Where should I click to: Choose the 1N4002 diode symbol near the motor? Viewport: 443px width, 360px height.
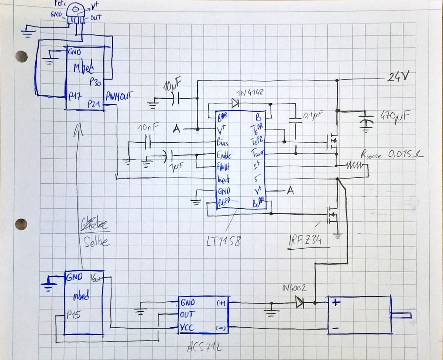(x=299, y=303)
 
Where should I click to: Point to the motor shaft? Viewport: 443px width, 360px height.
(x=402, y=315)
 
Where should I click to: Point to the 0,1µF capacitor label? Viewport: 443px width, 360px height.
(x=313, y=116)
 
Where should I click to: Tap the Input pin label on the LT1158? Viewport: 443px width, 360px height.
(x=224, y=180)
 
